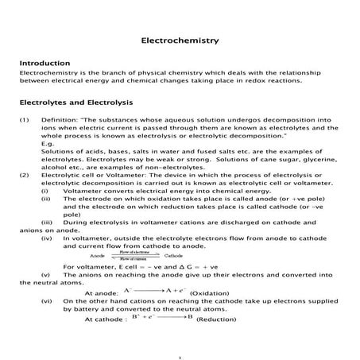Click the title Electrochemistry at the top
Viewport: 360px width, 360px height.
click(x=180, y=39)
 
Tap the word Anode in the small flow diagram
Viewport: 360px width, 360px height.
click(x=98, y=256)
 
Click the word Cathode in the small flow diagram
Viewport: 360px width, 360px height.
click(x=174, y=256)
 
